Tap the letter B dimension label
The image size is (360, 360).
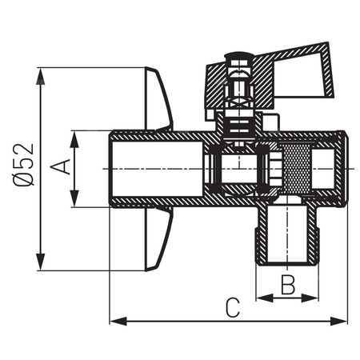[288, 283]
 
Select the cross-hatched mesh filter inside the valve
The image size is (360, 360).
[296, 170]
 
